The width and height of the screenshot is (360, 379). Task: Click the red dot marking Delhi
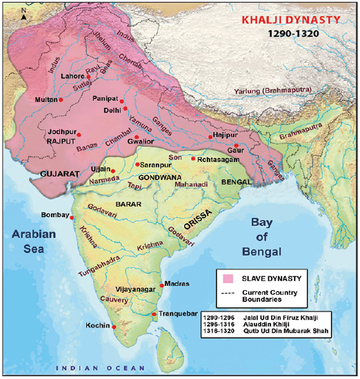(125, 109)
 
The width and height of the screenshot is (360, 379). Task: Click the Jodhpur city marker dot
(79, 134)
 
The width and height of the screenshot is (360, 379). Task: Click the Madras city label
(178, 284)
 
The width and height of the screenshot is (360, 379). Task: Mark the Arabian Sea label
(30, 242)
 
